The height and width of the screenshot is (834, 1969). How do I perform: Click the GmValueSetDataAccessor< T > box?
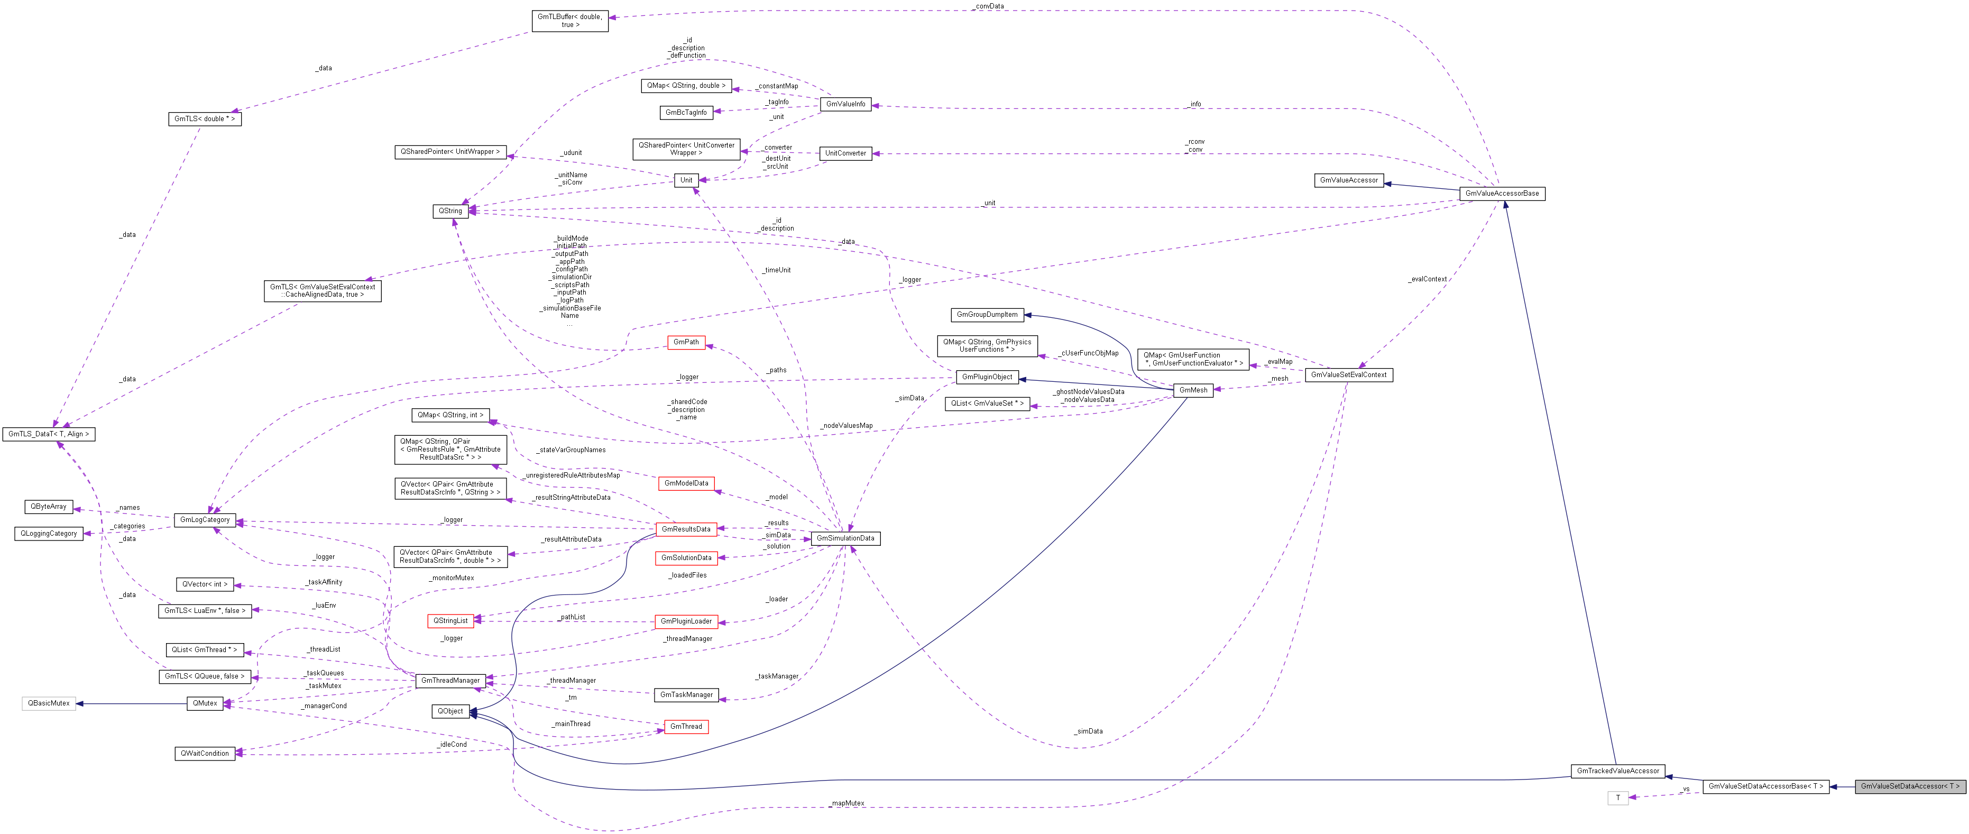tap(1909, 786)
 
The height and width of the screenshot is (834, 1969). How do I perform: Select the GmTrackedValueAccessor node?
tap(1618, 771)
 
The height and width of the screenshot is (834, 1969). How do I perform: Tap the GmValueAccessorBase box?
tap(1501, 194)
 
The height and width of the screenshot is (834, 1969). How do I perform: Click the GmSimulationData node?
tap(845, 538)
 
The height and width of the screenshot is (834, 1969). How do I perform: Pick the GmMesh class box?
tap(1193, 390)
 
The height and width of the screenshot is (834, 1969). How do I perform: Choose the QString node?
tap(450, 211)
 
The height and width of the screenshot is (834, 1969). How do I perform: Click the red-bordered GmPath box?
tap(686, 343)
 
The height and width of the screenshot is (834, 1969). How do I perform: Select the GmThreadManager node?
tap(450, 680)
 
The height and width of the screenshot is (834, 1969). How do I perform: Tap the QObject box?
tap(450, 711)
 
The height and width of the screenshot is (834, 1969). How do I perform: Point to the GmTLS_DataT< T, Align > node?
tap(49, 434)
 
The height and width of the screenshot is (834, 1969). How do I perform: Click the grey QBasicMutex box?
tap(49, 703)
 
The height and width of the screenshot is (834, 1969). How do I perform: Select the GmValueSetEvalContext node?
tap(1348, 374)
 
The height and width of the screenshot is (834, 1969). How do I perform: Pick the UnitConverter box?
tap(845, 153)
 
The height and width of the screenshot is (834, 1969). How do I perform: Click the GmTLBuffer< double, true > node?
tap(569, 21)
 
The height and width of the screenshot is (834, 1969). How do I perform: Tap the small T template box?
tap(1617, 798)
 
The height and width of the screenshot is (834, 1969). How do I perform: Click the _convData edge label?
tap(989, 6)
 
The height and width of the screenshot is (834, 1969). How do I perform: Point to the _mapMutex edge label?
tap(847, 803)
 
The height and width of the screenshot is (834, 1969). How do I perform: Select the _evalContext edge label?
tap(1427, 279)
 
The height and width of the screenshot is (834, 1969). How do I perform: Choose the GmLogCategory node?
tap(205, 520)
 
